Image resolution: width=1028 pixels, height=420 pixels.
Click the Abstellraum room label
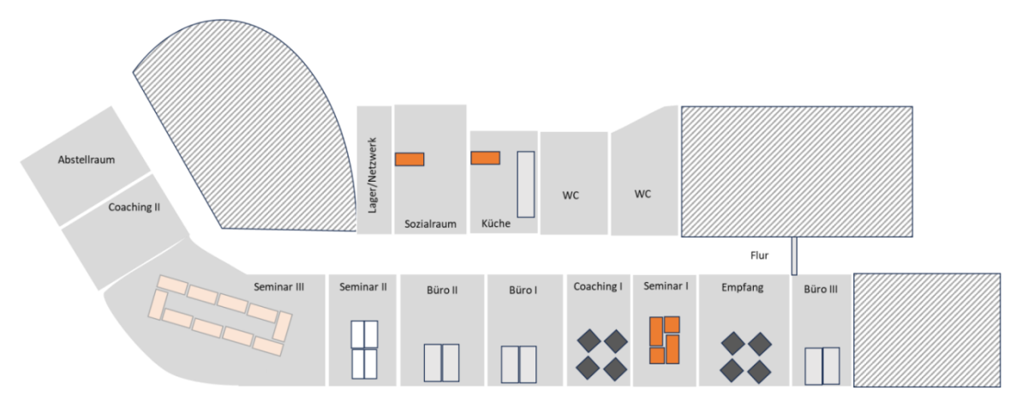pos(87,159)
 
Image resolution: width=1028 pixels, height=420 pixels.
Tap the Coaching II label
pos(134,207)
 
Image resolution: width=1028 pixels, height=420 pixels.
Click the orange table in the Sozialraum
pos(409,159)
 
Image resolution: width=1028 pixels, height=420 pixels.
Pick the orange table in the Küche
pos(486,158)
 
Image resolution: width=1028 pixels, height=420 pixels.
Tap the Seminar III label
pos(278,287)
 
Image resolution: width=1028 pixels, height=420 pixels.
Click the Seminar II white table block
pos(364,349)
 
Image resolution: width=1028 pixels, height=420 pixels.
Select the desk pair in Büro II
pos(441,363)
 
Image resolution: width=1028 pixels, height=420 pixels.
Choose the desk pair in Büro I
pos(518,364)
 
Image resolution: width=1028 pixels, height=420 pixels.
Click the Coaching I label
pos(597,286)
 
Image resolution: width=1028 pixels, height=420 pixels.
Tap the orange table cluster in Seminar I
pos(665,340)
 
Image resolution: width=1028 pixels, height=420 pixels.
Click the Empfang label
pos(742,287)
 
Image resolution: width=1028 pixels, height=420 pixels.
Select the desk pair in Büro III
pos(822,366)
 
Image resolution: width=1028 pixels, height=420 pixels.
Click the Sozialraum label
pos(430,225)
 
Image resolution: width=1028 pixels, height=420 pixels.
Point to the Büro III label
pos(821,290)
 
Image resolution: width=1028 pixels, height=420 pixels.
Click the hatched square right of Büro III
pos(927,329)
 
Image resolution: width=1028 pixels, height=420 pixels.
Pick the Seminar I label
pos(666,286)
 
